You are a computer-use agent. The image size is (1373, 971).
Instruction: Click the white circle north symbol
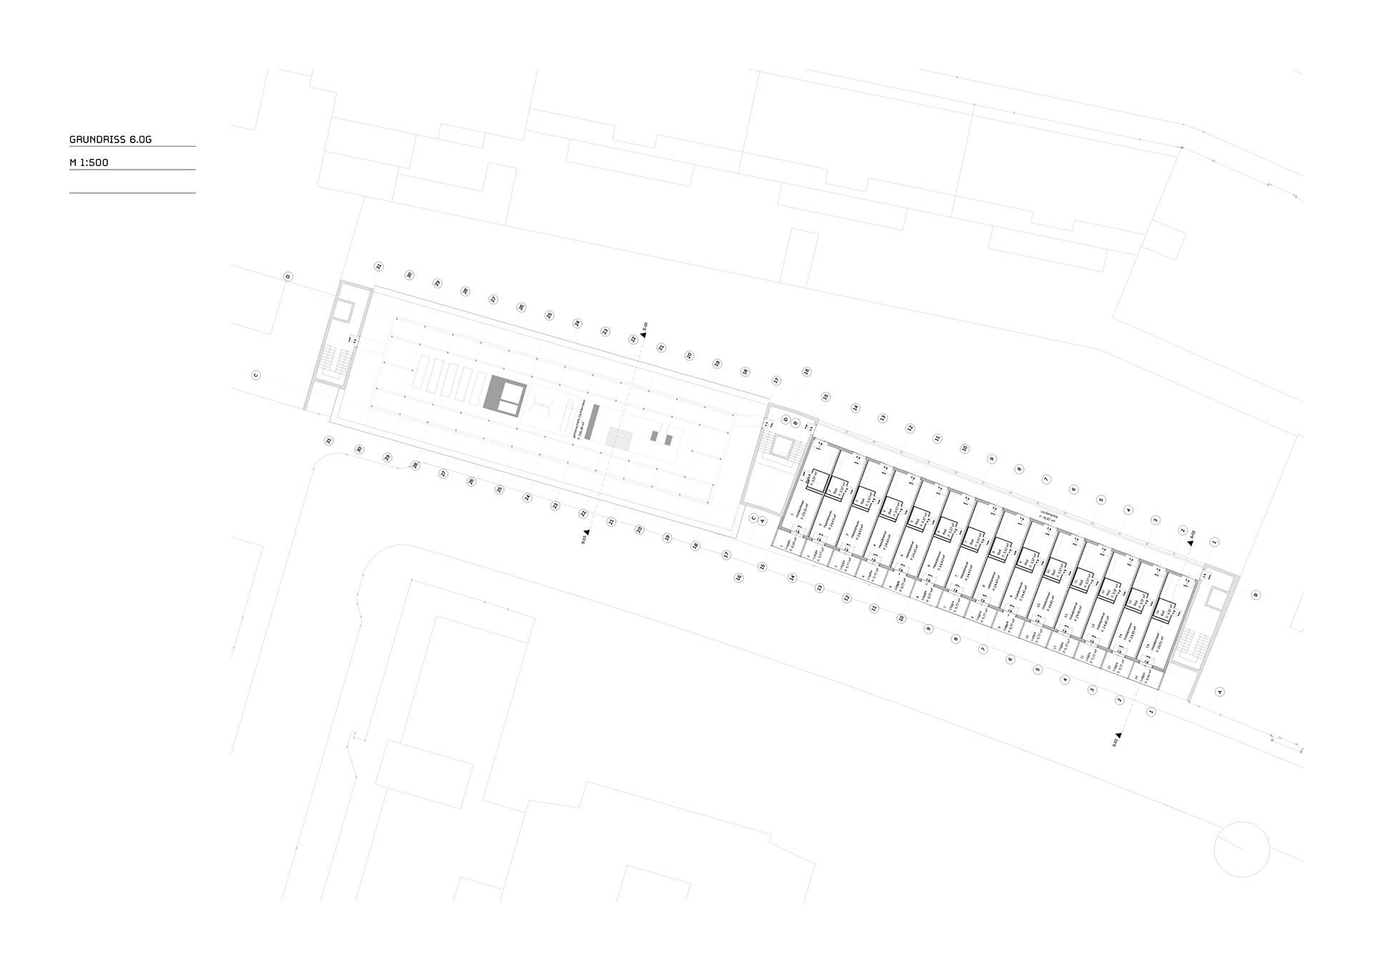[x=1241, y=849]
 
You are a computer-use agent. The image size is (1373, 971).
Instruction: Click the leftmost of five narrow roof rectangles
[x=421, y=374]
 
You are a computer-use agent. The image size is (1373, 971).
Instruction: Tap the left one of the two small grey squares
[x=654, y=435]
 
